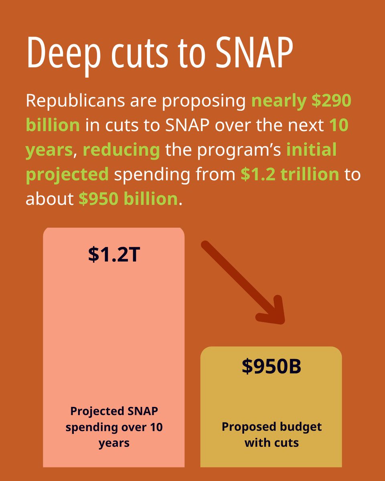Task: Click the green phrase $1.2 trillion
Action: click(x=290, y=174)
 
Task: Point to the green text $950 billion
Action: click(x=128, y=199)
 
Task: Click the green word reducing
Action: click(x=121, y=150)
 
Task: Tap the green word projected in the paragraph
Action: click(x=67, y=174)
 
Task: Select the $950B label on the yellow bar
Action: click(x=271, y=367)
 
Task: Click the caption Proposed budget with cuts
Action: click(x=271, y=435)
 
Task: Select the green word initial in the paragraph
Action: click(x=311, y=150)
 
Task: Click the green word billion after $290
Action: click(x=53, y=125)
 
